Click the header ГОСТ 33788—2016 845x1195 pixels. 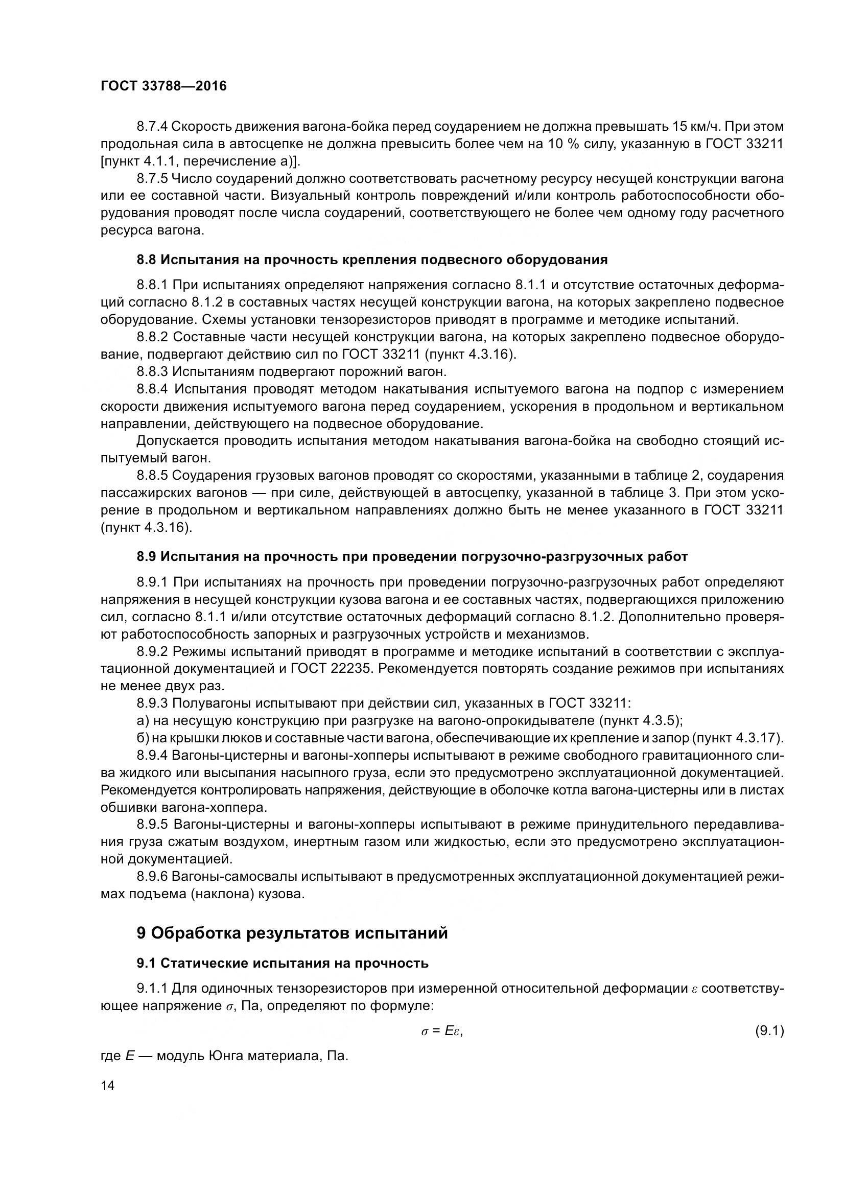point(163,86)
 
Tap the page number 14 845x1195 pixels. point(108,1085)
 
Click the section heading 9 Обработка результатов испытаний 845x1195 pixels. point(292,933)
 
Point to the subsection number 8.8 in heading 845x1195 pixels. point(146,260)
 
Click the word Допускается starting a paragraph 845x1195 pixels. point(177,441)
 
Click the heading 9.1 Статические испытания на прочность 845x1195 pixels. point(283,964)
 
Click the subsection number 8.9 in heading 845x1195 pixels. point(146,557)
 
